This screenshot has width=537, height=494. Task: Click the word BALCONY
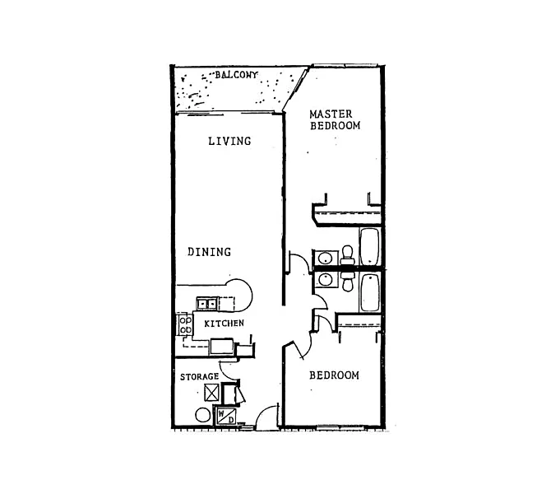click(x=236, y=75)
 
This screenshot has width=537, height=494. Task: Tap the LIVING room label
click(x=229, y=141)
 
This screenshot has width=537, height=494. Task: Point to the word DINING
click(x=209, y=252)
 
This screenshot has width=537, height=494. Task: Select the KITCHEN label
click(x=224, y=324)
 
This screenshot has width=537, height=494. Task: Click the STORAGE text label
click(x=199, y=377)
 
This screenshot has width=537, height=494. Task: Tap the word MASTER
click(x=331, y=114)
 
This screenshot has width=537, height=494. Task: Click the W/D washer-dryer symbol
click(x=227, y=416)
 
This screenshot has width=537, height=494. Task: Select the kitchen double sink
click(x=207, y=304)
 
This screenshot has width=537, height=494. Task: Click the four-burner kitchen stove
click(x=185, y=325)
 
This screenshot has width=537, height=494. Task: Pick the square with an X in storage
click(x=211, y=393)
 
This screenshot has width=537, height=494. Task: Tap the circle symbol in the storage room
click(x=203, y=415)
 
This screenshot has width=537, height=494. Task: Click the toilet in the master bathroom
click(x=348, y=255)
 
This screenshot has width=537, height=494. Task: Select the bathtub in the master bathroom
click(x=369, y=246)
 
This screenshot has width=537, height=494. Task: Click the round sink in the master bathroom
click(x=324, y=258)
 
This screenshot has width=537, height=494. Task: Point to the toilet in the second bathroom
click(x=348, y=281)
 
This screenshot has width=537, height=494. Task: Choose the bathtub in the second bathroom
click(x=370, y=292)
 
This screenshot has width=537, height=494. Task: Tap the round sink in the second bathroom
click(x=324, y=280)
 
